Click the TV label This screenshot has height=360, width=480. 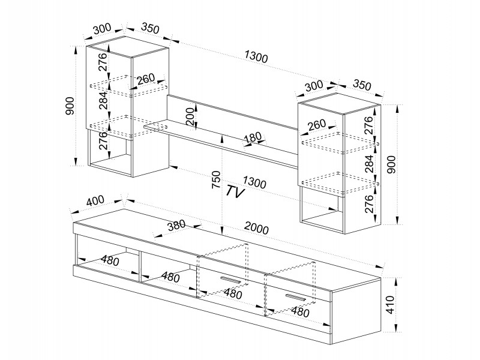236,191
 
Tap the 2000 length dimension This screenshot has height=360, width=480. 256,229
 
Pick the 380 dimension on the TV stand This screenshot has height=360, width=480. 176,226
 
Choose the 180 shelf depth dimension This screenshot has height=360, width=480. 253,138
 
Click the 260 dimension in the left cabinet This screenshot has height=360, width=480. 145,79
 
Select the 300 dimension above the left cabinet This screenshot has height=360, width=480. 103,28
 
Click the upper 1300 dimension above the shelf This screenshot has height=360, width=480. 256,58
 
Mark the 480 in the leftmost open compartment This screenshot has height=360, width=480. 108,260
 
